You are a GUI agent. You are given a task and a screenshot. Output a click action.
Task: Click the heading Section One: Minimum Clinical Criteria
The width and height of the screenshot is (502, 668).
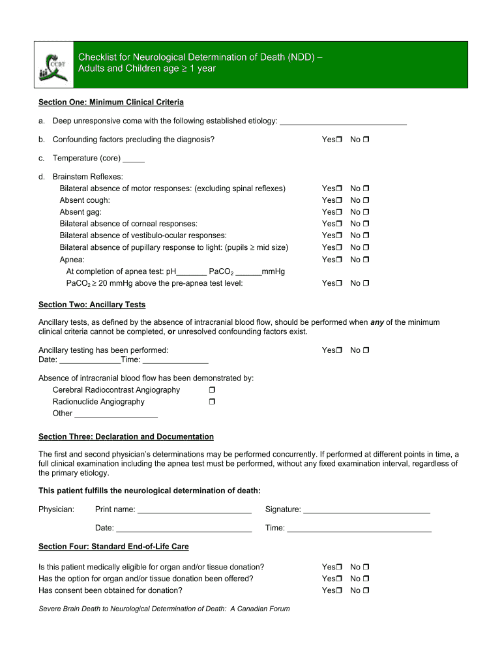pyautogui.click(x=111, y=102)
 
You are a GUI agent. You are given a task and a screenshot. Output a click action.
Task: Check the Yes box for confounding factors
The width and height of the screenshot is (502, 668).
pyautogui.click(x=340, y=140)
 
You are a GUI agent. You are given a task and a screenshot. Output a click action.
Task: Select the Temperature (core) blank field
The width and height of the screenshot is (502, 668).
pyautogui.click(x=134, y=159)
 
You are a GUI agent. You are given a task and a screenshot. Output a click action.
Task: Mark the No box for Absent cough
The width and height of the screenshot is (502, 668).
pyautogui.click(x=366, y=200)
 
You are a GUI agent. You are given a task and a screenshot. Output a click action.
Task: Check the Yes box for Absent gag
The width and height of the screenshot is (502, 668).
pyautogui.click(x=340, y=212)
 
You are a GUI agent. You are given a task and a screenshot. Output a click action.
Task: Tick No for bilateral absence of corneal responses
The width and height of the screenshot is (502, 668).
pyautogui.click(x=366, y=224)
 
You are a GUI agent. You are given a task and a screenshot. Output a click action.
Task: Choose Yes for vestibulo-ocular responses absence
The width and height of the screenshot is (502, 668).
pyautogui.click(x=340, y=235)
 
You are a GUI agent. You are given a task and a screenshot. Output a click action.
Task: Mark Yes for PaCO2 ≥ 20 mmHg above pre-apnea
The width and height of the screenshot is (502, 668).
pyautogui.click(x=340, y=284)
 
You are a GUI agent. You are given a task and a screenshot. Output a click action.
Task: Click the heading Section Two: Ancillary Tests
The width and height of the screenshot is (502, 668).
pyautogui.click(x=92, y=305)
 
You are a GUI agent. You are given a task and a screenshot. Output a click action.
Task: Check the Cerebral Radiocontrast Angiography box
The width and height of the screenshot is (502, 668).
pyautogui.click(x=212, y=390)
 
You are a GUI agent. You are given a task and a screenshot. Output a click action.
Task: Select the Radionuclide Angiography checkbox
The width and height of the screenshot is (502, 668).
pyautogui.click(x=212, y=402)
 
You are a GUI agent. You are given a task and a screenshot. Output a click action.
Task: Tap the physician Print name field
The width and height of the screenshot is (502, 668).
pyautogui.click(x=195, y=510)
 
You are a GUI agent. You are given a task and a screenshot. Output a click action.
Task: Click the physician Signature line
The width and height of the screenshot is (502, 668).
pyautogui.click(x=366, y=510)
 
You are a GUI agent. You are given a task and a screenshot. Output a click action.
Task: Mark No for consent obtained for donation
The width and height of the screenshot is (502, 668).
pyautogui.click(x=366, y=590)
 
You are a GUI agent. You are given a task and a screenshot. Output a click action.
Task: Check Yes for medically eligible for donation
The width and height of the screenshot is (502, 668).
pyautogui.click(x=340, y=567)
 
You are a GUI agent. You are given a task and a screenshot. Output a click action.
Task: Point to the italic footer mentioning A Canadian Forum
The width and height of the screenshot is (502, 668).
pyautogui.click(x=164, y=609)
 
